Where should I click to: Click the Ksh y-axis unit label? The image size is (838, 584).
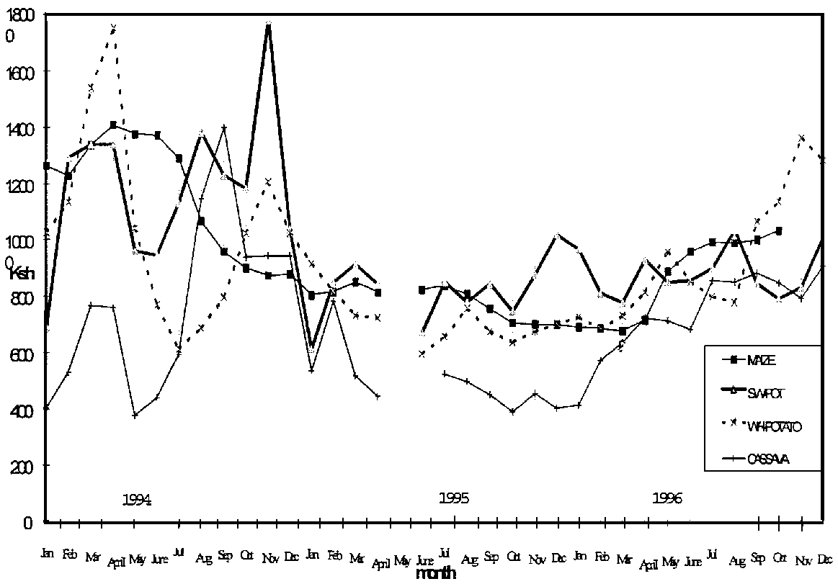click(x=22, y=273)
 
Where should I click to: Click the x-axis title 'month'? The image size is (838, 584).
click(x=436, y=574)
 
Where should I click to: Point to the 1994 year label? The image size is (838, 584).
click(x=136, y=499)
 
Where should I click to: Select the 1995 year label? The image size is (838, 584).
click(x=455, y=498)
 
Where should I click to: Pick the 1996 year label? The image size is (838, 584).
click(x=668, y=498)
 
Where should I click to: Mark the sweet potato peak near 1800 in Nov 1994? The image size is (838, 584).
click(x=268, y=24)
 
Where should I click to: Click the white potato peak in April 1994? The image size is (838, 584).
click(x=113, y=27)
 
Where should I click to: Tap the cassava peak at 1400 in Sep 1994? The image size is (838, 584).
click(x=224, y=127)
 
